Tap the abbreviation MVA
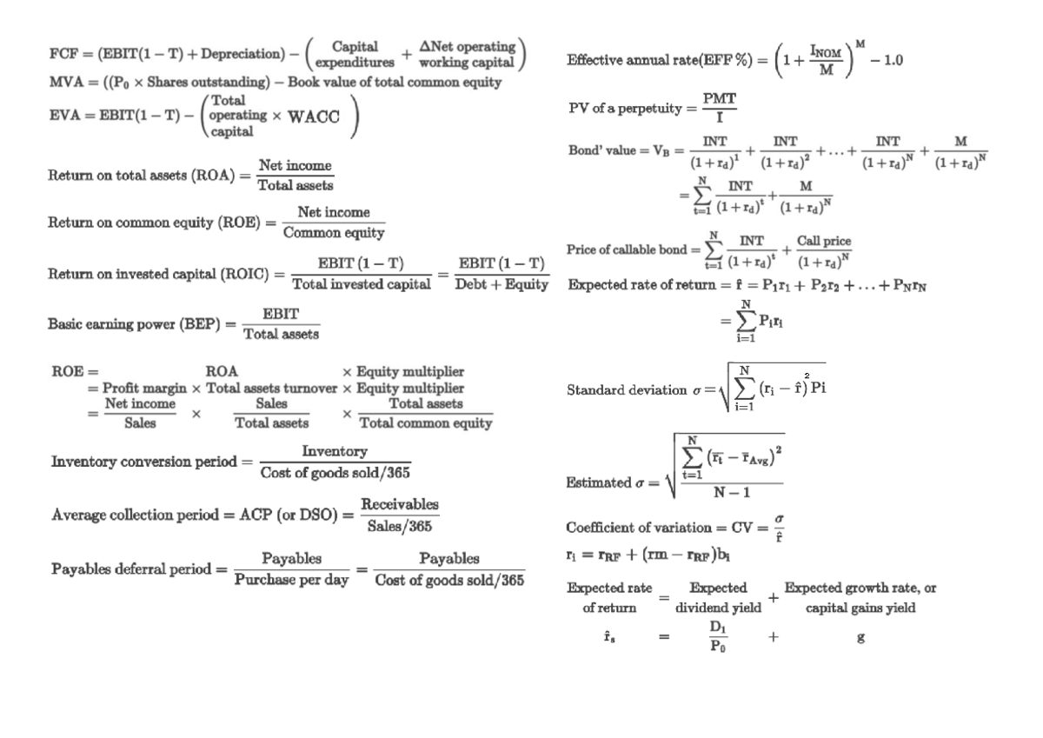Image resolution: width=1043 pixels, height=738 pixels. click(62, 83)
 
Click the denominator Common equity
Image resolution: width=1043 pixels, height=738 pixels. click(334, 232)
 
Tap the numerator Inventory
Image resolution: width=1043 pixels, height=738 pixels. click(335, 452)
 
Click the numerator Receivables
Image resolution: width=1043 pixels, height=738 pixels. click(400, 505)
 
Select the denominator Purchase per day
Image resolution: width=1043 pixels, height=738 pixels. click(290, 580)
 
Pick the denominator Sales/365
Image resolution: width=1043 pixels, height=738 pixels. click(400, 525)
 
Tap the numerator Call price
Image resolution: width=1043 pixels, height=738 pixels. click(824, 241)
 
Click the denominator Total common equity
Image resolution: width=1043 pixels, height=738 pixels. click(426, 423)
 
